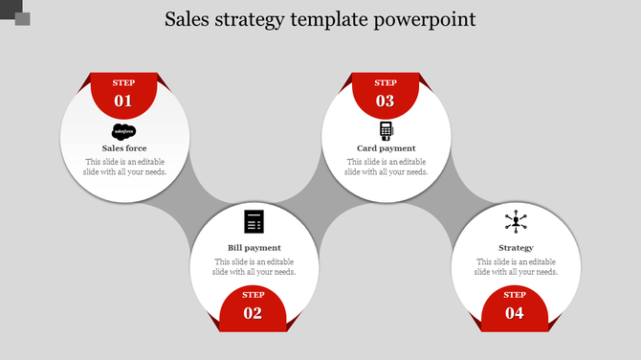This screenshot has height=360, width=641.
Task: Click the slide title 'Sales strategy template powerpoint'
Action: [x=320, y=19]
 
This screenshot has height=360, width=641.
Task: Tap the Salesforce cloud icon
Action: [x=124, y=132]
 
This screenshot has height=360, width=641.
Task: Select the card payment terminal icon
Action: [x=386, y=130]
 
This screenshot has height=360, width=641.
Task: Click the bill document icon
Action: [x=254, y=221]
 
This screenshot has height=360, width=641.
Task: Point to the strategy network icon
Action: [x=516, y=222]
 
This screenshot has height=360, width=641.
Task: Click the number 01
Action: [x=124, y=101]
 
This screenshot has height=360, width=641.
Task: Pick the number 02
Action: [x=254, y=313]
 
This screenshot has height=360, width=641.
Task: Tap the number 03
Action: [x=386, y=101]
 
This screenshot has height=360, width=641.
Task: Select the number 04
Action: [x=515, y=313]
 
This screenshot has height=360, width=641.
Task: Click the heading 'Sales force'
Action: [x=124, y=148]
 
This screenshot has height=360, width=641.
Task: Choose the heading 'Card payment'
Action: [x=386, y=148]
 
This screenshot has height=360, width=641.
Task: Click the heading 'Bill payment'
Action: [x=254, y=248]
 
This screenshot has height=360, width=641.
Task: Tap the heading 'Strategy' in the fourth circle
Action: [x=516, y=248]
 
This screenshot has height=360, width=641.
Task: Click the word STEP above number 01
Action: [x=124, y=83]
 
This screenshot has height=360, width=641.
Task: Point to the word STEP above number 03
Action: [x=386, y=83]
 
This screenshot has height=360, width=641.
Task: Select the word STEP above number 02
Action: [x=254, y=295]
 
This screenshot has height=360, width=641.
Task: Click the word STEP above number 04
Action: [x=515, y=295]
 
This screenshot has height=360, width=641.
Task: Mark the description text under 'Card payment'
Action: [x=386, y=167]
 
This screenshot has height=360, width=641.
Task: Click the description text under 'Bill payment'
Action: [x=254, y=266]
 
